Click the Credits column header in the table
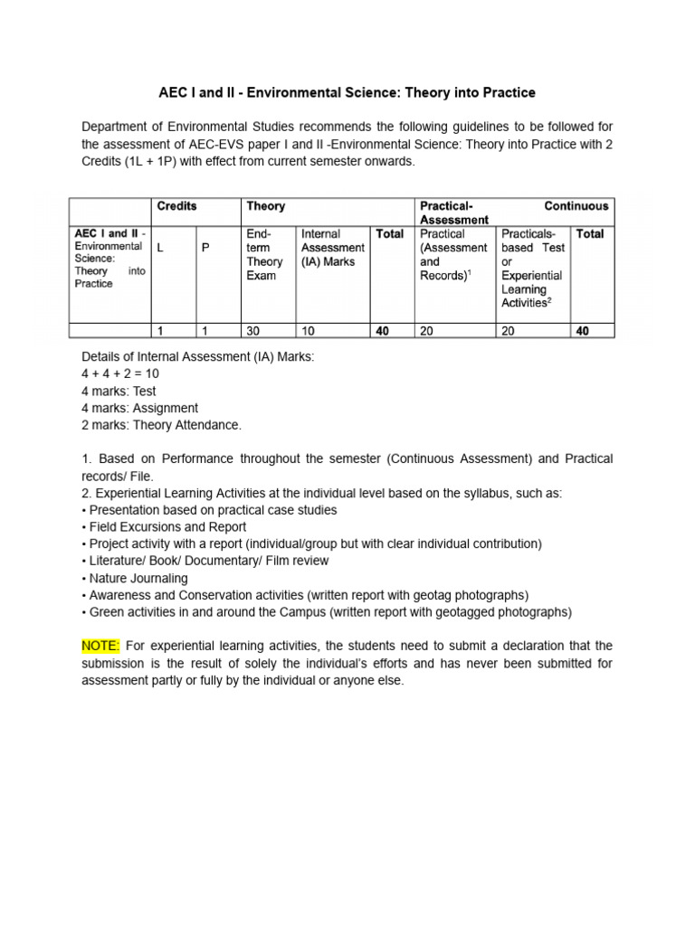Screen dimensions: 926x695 (176, 206)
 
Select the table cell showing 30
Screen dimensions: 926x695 (253, 332)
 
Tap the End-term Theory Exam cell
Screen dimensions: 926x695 (265, 255)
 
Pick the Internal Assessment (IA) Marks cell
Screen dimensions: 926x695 (332, 248)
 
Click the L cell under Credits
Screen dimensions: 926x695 (160, 248)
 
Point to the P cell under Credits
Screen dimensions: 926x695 (205, 248)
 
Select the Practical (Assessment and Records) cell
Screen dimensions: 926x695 (453, 255)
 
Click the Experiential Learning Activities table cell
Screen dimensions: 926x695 (532, 269)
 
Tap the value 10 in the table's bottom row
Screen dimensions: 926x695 (309, 332)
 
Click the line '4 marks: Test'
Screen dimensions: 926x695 (119, 392)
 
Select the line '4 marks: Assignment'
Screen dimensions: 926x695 (139, 409)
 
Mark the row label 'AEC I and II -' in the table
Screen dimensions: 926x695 (109, 233)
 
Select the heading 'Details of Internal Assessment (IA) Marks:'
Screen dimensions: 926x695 (198, 357)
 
